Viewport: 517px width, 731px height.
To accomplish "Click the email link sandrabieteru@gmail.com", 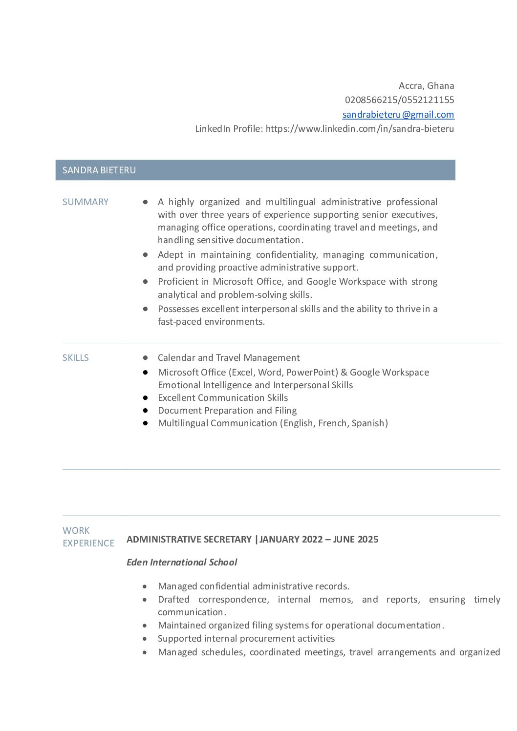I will coord(398,115).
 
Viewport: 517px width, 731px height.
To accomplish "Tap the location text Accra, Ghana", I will coord(426,86).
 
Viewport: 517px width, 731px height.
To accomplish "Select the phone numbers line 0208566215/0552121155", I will coord(399,100).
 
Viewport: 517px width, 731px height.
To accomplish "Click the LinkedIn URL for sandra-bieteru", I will coord(360,129).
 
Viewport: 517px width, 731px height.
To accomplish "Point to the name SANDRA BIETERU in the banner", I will coord(99,170).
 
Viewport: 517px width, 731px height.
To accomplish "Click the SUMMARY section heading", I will coord(86,202).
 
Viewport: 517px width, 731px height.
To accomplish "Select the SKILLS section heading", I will coord(76,358).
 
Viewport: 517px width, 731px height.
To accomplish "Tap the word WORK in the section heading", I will coord(76,531).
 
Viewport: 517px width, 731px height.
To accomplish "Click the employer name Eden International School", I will coord(182,563).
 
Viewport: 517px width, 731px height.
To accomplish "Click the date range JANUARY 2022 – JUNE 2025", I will coord(319,540).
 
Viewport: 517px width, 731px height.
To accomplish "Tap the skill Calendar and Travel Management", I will coord(229,358).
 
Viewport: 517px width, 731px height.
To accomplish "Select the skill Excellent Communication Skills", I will coord(223,398).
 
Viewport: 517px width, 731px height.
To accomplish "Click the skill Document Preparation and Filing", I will coord(227,411).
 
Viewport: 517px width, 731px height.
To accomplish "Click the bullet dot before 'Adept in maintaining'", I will coord(146,255).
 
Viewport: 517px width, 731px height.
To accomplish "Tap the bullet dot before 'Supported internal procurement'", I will coord(145,639).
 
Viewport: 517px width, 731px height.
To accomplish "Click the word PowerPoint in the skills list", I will coord(311,373).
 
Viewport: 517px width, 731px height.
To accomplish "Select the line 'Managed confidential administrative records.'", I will coord(254,586).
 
